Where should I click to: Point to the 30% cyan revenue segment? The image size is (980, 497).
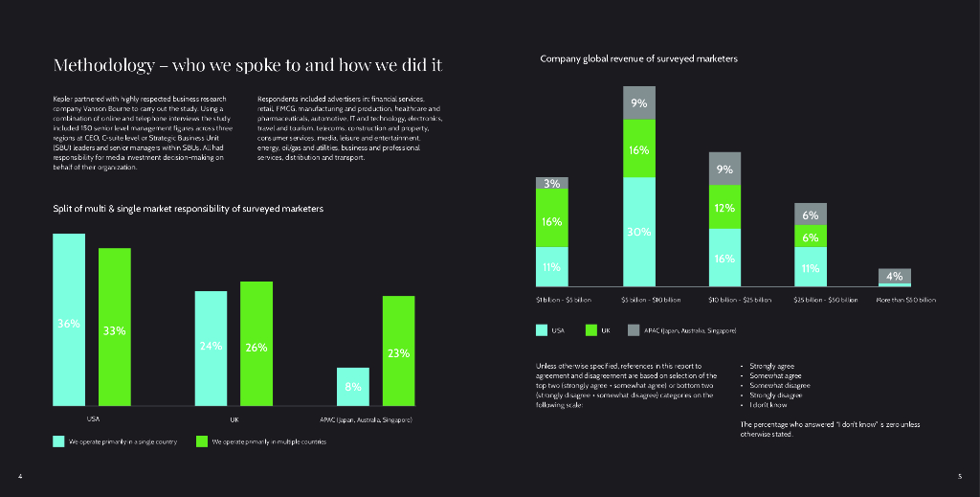pos(639,232)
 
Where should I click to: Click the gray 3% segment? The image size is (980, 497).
pos(551,183)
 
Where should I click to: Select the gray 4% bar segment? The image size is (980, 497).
pos(895,276)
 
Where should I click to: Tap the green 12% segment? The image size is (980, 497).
pos(724,207)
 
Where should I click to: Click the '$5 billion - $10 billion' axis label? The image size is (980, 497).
pos(651,300)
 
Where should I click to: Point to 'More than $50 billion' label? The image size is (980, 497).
pos(905,300)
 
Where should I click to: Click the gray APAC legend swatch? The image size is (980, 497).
pos(633,330)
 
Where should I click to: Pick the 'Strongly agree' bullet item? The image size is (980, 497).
pos(771,366)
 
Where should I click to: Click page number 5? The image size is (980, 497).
pos(960,476)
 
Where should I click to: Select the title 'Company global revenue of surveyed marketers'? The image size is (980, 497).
pos(638,59)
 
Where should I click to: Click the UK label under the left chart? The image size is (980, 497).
pos(234,419)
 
